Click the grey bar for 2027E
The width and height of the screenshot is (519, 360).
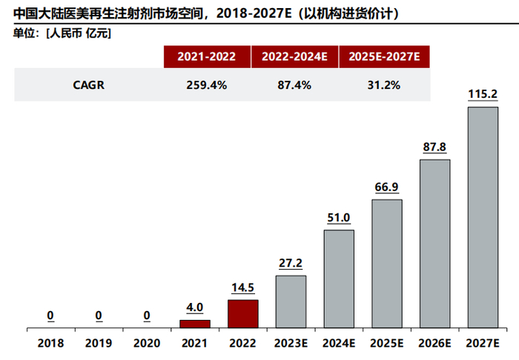[x=483, y=218]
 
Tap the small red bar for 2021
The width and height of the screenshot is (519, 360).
[x=194, y=324]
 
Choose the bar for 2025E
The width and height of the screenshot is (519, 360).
[x=387, y=264]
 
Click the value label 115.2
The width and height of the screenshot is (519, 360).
[x=483, y=94]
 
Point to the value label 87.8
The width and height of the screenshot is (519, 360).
[x=434, y=147]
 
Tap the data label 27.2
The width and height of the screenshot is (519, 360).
[x=291, y=263]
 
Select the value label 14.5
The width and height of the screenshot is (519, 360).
[x=242, y=287]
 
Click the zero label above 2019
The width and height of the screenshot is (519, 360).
[x=99, y=316]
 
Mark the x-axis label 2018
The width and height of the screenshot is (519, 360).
[x=50, y=343]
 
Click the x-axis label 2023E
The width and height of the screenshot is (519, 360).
[x=291, y=343]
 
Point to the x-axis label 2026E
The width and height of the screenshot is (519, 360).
[x=434, y=343]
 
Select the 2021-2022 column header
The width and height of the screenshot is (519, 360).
[x=207, y=56]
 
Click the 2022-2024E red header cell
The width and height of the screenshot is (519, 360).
[x=295, y=56]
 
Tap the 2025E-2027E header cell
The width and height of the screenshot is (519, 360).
[x=384, y=56]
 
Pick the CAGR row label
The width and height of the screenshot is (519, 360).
[x=88, y=84]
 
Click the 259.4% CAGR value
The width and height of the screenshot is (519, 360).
[x=207, y=84]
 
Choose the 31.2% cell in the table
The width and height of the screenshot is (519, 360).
[x=384, y=84]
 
